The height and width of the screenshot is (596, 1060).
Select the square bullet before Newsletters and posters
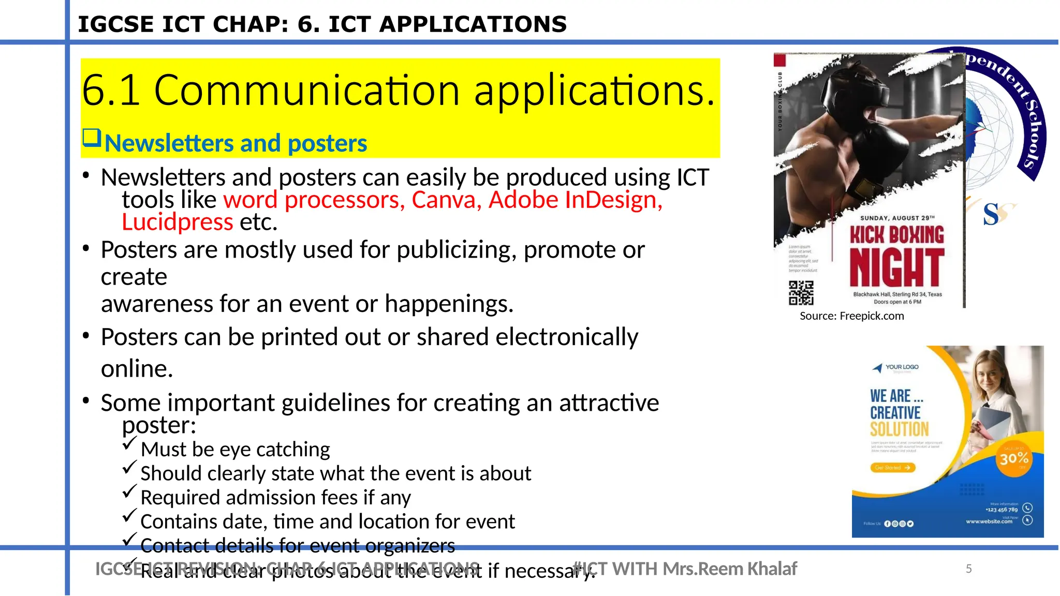tap(92, 138)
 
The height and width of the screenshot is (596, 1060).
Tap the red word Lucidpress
tap(178, 222)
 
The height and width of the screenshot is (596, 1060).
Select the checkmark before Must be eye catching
tap(129, 444)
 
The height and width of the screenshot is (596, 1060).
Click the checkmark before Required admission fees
tap(129, 491)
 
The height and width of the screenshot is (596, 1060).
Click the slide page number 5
tap(968, 569)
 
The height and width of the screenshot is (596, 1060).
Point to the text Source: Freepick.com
tap(851, 316)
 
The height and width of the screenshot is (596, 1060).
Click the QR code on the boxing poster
tap(801, 293)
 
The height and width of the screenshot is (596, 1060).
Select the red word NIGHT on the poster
tap(896, 267)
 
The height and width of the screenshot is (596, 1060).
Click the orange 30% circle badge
tap(1014, 459)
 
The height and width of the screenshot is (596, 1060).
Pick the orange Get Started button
tap(892, 468)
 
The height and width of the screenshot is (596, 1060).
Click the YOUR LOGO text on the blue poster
tap(901, 367)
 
